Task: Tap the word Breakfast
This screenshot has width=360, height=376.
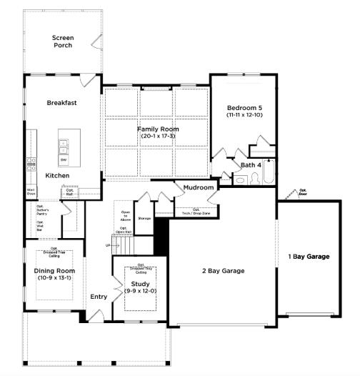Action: coord(61,103)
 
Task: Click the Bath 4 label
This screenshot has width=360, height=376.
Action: coord(251,165)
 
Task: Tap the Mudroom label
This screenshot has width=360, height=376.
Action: coord(199,187)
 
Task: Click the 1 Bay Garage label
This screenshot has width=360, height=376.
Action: coord(309,256)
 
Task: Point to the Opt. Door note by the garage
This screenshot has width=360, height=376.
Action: coord(303,192)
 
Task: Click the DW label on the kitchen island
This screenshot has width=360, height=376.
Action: coord(64,159)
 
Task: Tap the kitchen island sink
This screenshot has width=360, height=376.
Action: coord(64,146)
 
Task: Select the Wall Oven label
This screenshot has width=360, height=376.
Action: coord(31,191)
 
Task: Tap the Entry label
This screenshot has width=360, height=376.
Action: coord(98,297)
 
